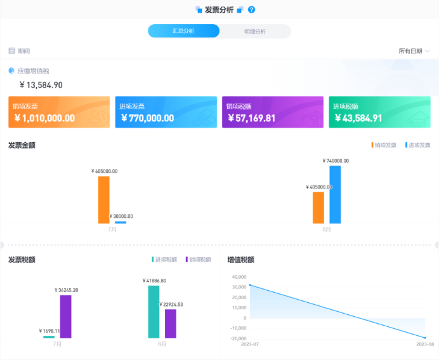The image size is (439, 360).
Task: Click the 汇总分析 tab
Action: pyautogui.click(x=183, y=31)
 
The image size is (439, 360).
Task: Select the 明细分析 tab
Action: pyautogui.click(x=254, y=31)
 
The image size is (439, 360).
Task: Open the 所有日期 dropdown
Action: pyautogui.click(x=414, y=51)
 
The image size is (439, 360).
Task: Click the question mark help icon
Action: pyautogui.click(x=252, y=10)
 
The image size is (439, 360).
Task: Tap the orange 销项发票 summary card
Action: pyautogui.click(x=59, y=112)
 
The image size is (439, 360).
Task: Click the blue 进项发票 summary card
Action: pyautogui.click(x=166, y=112)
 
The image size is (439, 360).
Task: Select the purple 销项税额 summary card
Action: pyautogui.click(x=273, y=112)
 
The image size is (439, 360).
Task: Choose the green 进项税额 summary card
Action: pyautogui.click(x=379, y=112)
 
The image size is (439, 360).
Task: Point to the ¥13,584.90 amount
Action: pyautogui.click(x=41, y=85)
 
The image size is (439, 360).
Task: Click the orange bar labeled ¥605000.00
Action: pyautogui.click(x=103, y=199)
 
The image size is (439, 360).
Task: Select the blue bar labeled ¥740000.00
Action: pyautogui.click(x=335, y=194)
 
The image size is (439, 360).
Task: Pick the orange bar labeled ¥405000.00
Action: pyautogui.click(x=318, y=208)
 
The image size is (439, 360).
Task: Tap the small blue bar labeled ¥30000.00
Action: pyautogui.click(x=121, y=222)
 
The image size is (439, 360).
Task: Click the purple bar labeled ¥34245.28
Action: pyautogui.click(x=65, y=316)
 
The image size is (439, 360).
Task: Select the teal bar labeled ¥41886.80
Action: pyautogui.click(x=154, y=311)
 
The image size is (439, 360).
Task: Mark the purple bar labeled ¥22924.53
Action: pyautogui.click(x=170, y=323)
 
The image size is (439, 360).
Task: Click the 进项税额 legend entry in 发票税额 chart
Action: pyautogui.click(x=164, y=260)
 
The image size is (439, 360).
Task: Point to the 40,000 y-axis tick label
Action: pyautogui.click(x=239, y=277)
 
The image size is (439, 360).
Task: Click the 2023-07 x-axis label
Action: pyautogui.click(x=251, y=345)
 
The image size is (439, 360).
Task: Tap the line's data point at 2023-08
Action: pyautogui.click(x=425, y=338)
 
